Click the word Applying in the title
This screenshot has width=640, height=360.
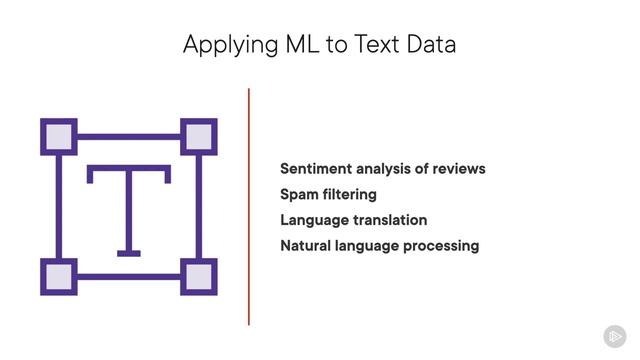pos(222,45)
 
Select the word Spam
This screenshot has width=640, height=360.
pos(300,194)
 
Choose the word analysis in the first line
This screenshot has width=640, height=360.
pos(391,168)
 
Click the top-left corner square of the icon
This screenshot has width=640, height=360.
pos(59,135)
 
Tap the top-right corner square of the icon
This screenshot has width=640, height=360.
pos(198,135)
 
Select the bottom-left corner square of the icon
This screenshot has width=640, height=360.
pos(59,277)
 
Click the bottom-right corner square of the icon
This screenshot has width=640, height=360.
pos(198,277)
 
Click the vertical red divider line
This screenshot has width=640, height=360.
pos(249,206)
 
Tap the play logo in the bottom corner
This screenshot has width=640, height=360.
pos(615,336)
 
